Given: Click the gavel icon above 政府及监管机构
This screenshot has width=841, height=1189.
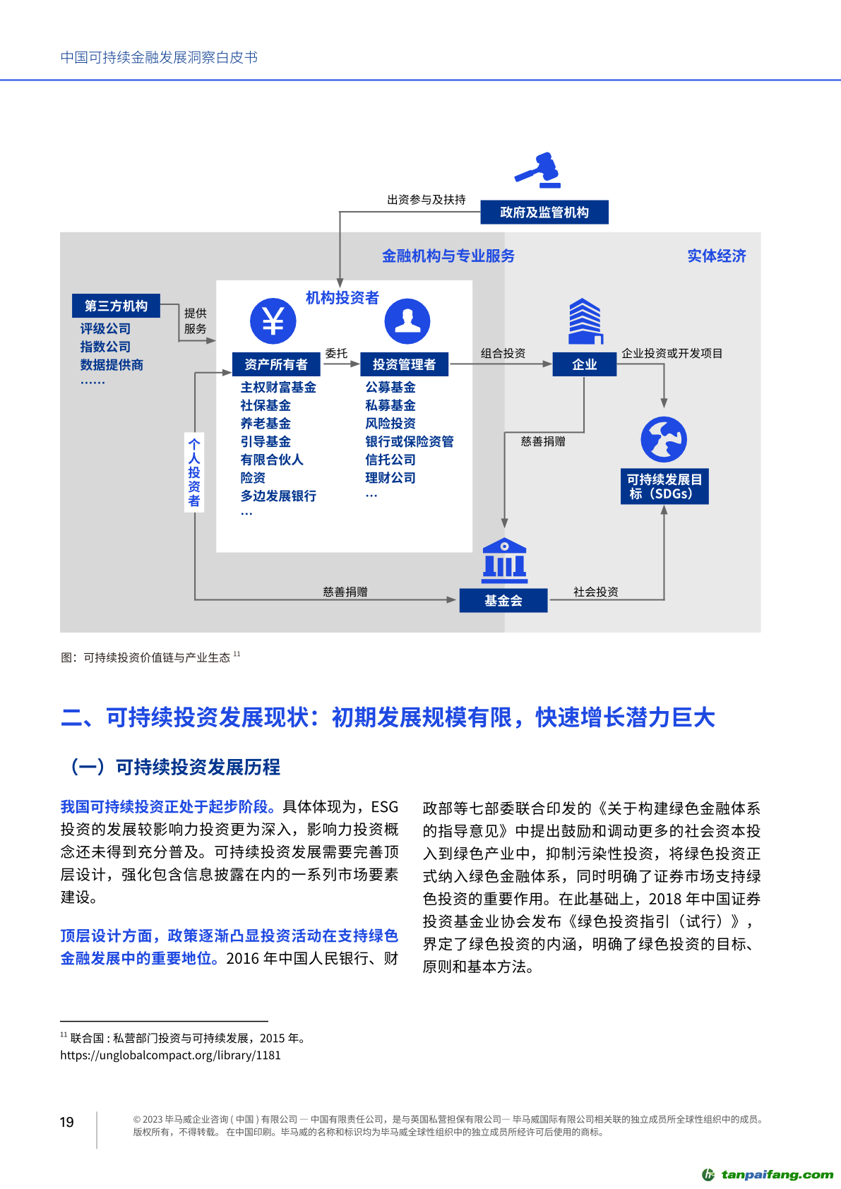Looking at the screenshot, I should point(538,170).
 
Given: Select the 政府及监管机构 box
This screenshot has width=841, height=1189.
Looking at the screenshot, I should point(544,213).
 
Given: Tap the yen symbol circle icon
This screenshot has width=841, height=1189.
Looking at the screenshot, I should point(273,321).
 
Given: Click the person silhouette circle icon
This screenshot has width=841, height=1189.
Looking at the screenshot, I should point(407,321).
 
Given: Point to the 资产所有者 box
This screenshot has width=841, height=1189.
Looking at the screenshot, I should point(275,364).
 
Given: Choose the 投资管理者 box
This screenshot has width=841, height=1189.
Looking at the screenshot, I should point(404,364).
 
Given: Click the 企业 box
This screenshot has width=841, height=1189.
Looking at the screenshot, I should point(584,364).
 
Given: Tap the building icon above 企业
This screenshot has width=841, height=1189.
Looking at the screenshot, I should point(585,321).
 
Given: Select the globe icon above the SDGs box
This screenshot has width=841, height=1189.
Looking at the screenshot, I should point(664,439).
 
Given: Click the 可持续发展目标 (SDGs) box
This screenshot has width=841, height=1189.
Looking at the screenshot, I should point(664,486).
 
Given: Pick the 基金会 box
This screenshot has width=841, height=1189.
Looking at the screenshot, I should point(503,601).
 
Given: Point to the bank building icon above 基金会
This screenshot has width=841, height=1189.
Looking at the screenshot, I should point(504,561).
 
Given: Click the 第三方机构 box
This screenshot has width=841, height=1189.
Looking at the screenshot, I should point(116,306).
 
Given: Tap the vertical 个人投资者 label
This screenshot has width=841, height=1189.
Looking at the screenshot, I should point(194,472).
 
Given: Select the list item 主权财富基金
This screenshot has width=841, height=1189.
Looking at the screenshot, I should point(278,388).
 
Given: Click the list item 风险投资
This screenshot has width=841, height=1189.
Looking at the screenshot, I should point(390,424).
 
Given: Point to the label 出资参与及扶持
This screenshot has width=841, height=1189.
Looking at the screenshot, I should point(426,200).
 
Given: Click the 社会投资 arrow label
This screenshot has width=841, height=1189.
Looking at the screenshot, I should point(595,592).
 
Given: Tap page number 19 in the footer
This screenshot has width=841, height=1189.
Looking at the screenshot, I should point(67,1122).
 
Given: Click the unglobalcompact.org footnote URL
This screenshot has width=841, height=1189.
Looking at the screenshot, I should point(170,1056).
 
